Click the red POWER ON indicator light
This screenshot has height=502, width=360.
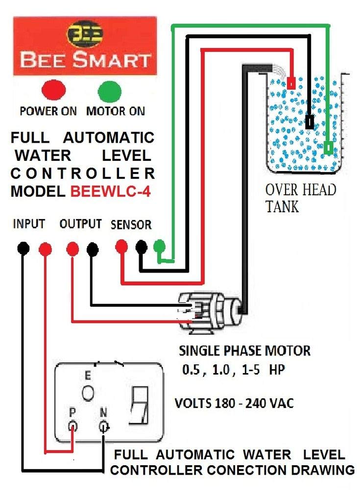pyautogui.click(x=54, y=91)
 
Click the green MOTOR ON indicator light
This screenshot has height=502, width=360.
pyautogui.click(x=109, y=91)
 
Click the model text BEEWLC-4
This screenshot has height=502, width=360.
pyautogui.click(x=110, y=192)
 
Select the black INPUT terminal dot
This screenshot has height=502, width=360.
pyautogui.click(x=23, y=249)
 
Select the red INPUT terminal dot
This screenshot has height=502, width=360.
pyautogui.click(x=45, y=249)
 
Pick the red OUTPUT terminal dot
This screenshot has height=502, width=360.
pyautogui.click(x=72, y=249)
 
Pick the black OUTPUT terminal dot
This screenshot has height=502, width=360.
pyautogui.click(x=92, y=249)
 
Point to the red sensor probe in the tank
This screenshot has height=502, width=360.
pyautogui.click(x=291, y=83)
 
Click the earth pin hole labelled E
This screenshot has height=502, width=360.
pyautogui.click(x=88, y=394)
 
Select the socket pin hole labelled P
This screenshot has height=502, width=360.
pyautogui.click(x=73, y=426)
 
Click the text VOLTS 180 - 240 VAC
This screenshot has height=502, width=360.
pyautogui.click(x=234, y=403)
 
